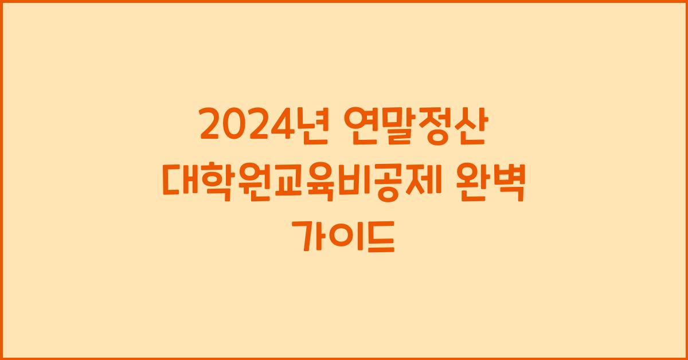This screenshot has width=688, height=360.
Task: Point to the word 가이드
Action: [344, 236]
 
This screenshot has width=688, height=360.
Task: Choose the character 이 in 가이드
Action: [344, 236]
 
